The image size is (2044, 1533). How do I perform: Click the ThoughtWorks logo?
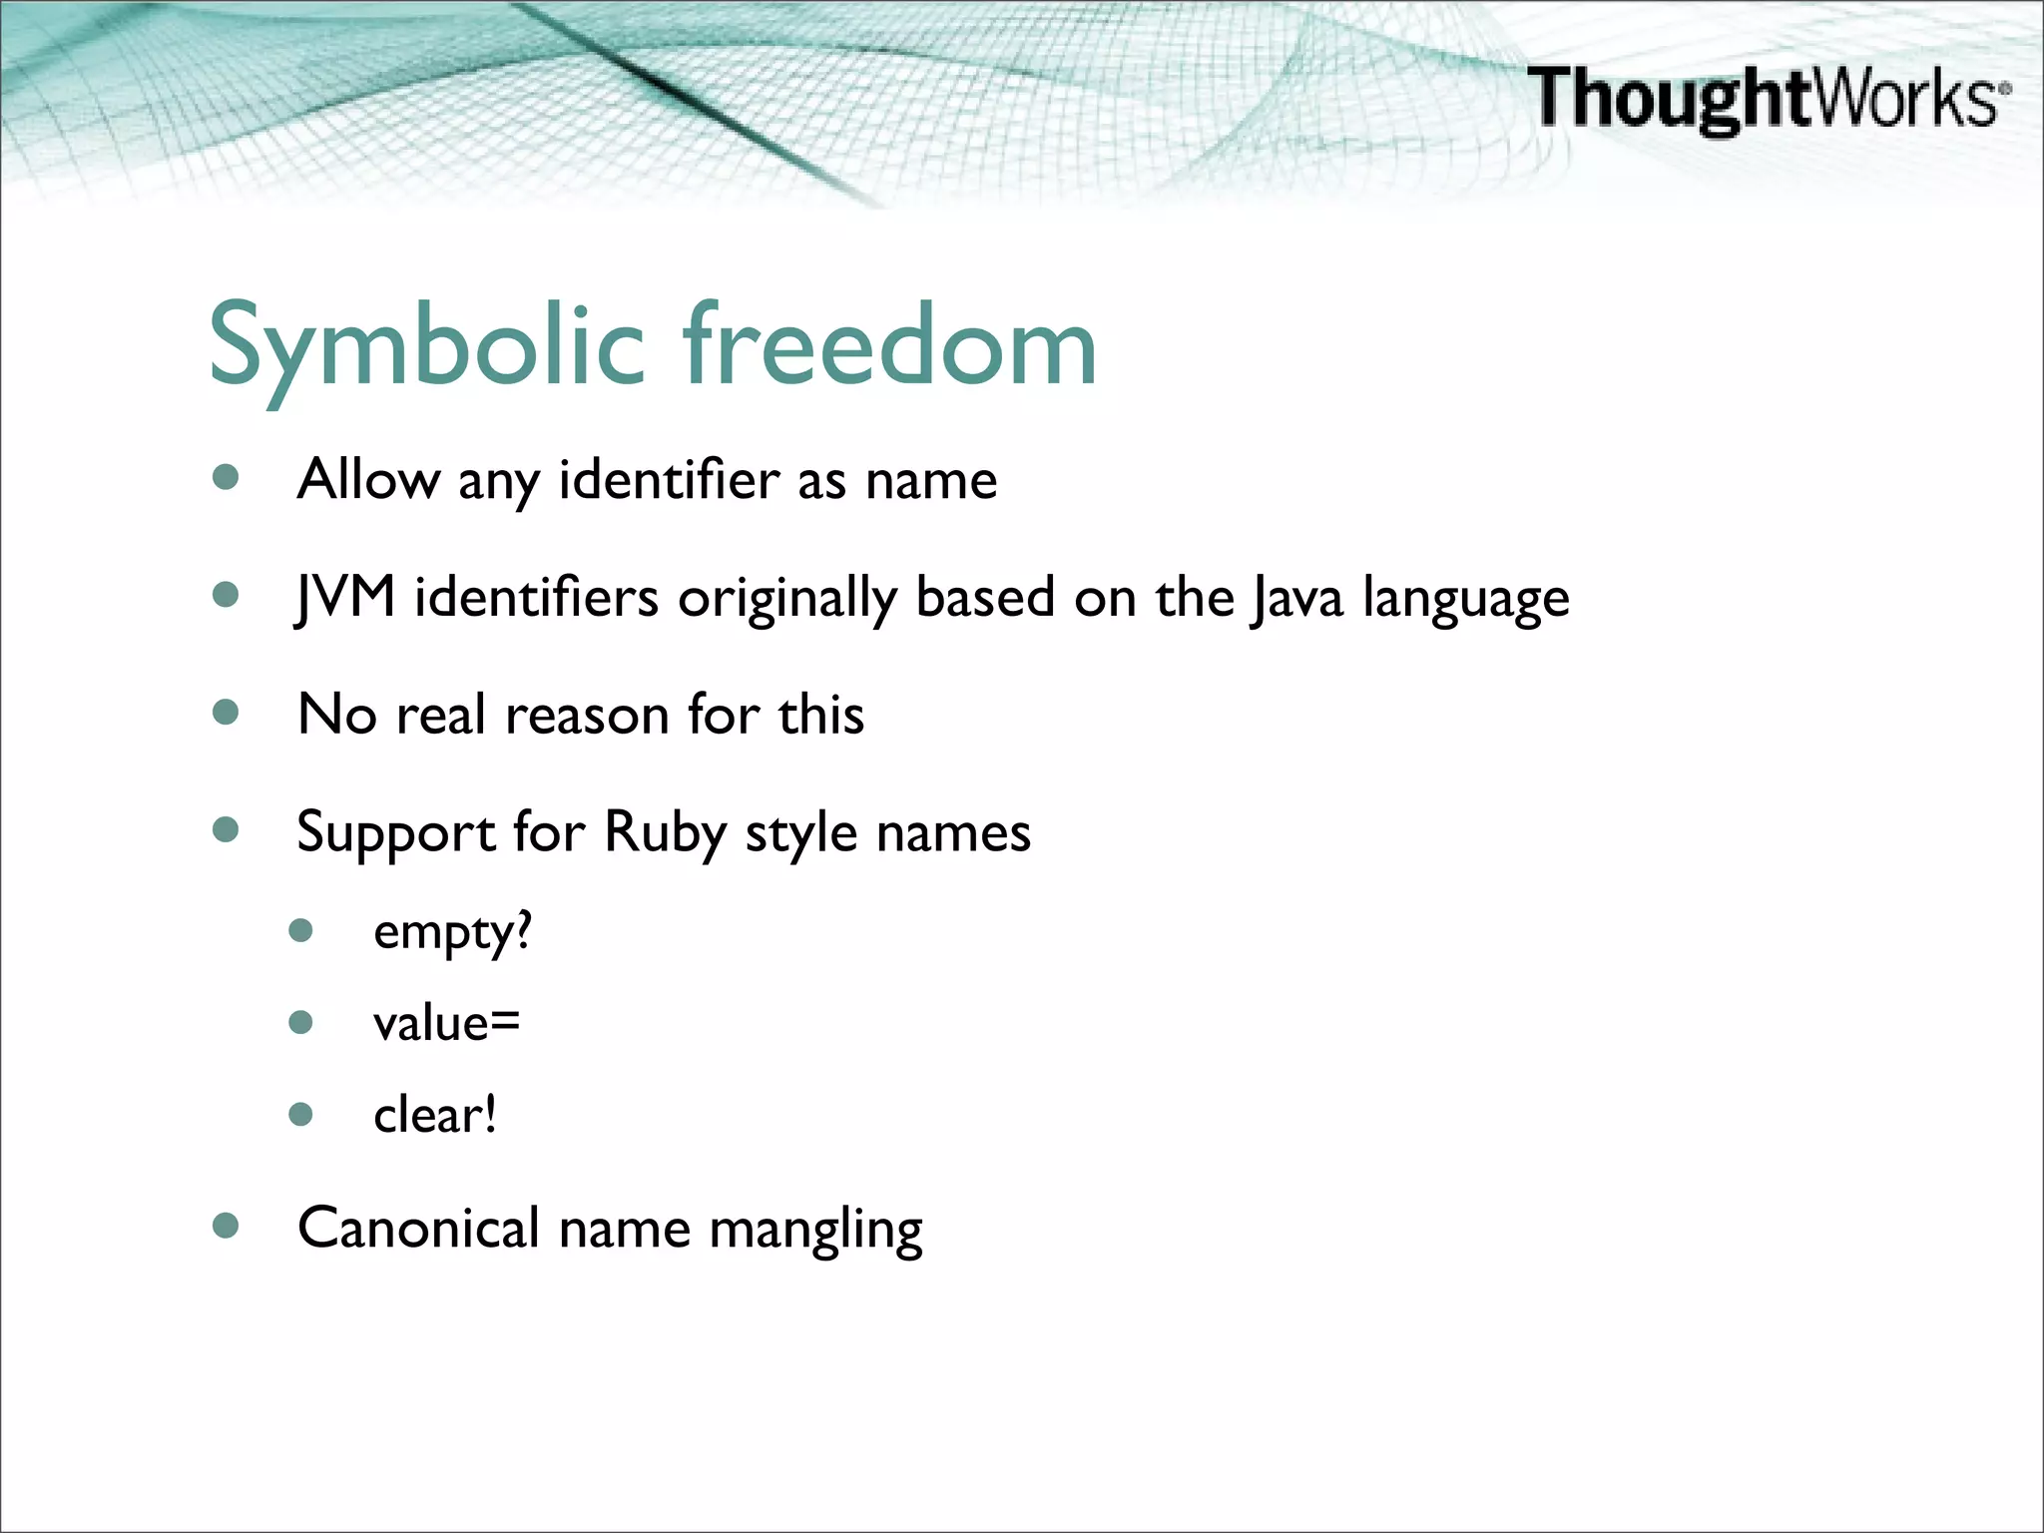pos(1767,98)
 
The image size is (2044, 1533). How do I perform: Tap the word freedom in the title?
pos(889,345)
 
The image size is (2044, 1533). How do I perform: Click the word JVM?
pos(345,598)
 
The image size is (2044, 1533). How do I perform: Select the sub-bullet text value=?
pos(446,1023)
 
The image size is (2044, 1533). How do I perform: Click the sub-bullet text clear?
pos(434,1115)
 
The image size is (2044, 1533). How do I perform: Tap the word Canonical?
pos(418,1228)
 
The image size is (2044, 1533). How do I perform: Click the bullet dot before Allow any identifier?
pos(227,477)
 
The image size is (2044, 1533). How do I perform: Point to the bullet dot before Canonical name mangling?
pos(227,1226)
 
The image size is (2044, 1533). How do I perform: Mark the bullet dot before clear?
pos(300,1114)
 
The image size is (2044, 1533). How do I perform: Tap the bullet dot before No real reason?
pos(227,713)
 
